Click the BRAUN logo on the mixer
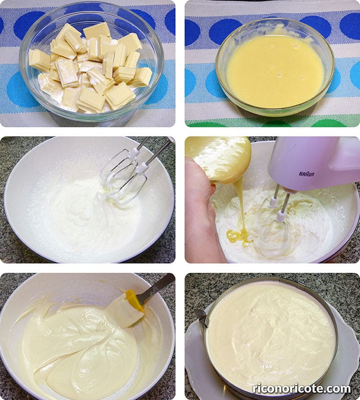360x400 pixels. click(x=306, y=174)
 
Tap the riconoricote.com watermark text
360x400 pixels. click(x=301, y=389)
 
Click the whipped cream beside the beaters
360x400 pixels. click(x=76, y=212)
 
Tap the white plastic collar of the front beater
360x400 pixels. click(x=281, y=216)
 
